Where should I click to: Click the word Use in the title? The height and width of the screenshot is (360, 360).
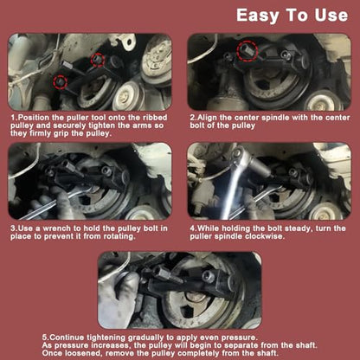tap(331, 15)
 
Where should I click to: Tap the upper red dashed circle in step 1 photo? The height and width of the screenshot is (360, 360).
tap(97, 60)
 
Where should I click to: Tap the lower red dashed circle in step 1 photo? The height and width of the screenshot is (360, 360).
tap(60, 81)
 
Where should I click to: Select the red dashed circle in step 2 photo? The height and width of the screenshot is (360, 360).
tap(247, 51)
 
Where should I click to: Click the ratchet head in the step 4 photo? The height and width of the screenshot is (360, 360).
tap(241, 155)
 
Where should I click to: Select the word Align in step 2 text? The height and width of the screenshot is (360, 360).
tap(207, 118)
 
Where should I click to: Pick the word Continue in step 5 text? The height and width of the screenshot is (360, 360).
tap(67, 337)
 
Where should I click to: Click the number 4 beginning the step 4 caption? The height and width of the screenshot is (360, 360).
tap(192, 228)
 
